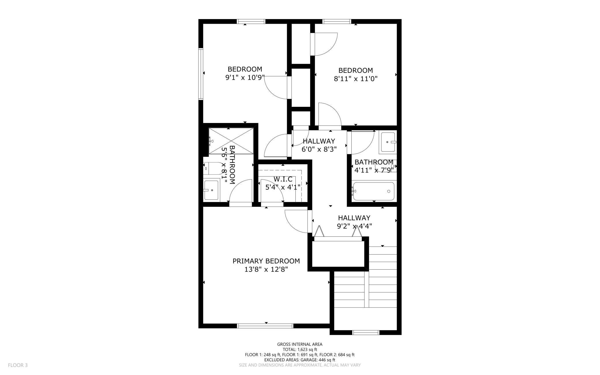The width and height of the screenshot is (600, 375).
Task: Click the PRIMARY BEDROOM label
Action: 266,261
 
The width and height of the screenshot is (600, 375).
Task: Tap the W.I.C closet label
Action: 283,179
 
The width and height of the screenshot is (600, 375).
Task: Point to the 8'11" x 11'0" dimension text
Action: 356,79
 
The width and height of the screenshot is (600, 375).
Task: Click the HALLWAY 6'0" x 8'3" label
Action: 319,145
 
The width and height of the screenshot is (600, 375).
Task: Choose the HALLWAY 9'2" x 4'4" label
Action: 354,222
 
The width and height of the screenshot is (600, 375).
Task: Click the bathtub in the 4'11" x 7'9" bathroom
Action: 373,191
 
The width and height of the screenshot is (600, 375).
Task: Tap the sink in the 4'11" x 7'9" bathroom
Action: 389,142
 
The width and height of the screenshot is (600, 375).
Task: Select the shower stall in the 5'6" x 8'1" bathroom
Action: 231,141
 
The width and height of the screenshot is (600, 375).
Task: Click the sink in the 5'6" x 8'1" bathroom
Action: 211,190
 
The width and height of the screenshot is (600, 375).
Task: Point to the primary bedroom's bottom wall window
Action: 265,326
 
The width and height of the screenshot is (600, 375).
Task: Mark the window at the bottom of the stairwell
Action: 366,333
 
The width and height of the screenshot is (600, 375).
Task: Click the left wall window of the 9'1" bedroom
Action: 201,74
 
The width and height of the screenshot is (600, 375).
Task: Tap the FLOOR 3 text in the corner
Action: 18,365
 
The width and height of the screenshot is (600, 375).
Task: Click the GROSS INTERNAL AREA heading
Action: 300,344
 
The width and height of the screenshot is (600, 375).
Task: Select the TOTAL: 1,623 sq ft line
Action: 300,349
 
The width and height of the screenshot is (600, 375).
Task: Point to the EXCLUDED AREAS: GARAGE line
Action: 300,360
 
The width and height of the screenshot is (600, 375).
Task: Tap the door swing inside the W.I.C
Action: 272,191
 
